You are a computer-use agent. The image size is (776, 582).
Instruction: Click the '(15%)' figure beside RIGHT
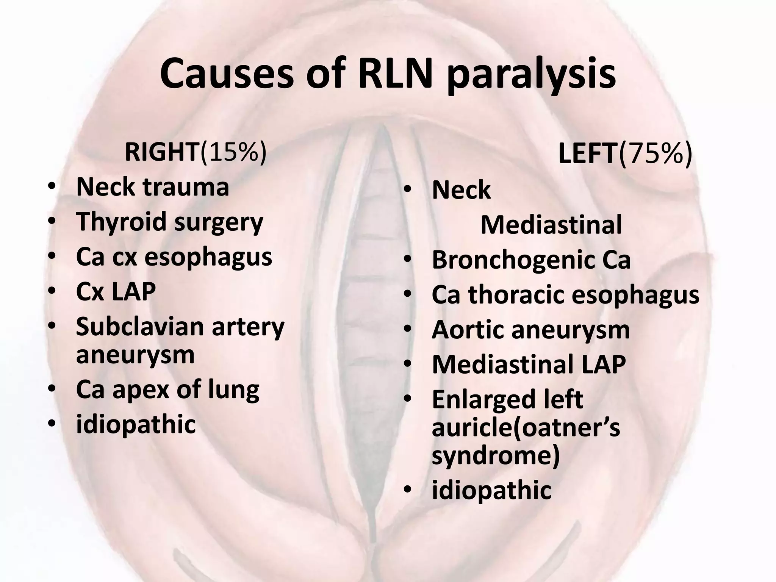(x=233, y=152)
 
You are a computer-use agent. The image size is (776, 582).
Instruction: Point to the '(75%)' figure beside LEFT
(x=655, y=154)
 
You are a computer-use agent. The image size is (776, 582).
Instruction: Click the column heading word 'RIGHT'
(x=161, y=152)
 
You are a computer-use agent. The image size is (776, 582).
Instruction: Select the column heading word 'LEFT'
(x=588, y=154)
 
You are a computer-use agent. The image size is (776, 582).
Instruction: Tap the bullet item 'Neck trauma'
(x=152, y=187)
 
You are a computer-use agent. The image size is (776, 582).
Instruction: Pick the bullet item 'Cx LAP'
(x=116, y=291)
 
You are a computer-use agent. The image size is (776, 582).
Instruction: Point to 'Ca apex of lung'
(x=167, y=390)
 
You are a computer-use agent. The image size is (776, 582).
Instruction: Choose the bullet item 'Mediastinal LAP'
(x=529, y=365)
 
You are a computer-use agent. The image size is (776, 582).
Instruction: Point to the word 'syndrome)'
(x=495, y=455)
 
